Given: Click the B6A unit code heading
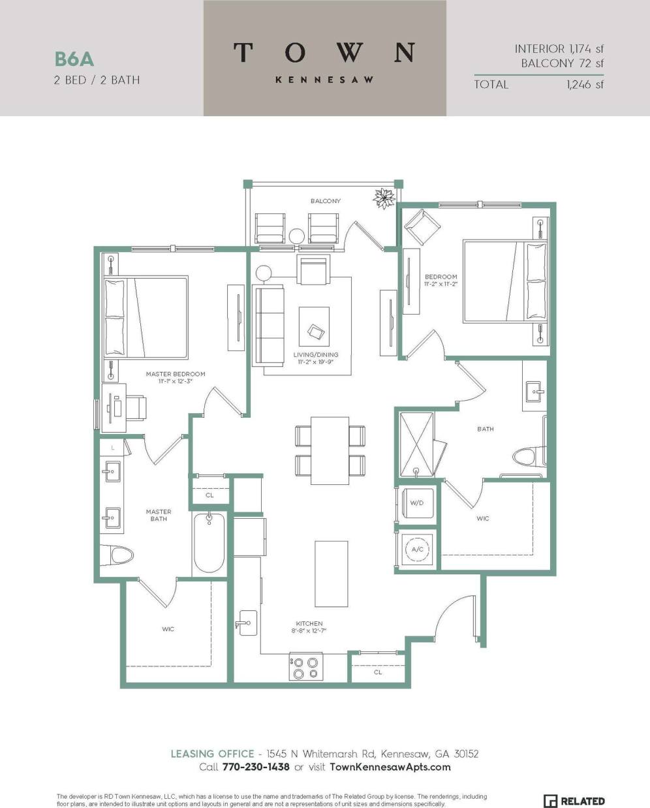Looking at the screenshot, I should (x=74, y=59).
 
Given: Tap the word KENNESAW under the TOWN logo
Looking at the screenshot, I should (x=324, y=80).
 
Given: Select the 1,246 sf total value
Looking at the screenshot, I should (x=585, y=84).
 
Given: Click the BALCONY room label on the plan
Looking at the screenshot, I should (x=325, y=201).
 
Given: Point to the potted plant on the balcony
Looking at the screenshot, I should (x=384, y=197).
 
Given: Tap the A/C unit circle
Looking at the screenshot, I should (x=417, y=550).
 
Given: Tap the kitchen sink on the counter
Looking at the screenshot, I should (x=248, y=623).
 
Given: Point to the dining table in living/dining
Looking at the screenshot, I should (x=330, y=448).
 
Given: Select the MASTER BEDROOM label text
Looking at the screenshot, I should (x=176, y=374).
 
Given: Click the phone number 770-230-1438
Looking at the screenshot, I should (x=253, y=767).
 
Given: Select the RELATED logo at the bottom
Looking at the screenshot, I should (x=574, y=801).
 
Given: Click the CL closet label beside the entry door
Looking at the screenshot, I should (x=378, y=672).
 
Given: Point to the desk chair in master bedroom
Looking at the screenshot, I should (x=138, y=408).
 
